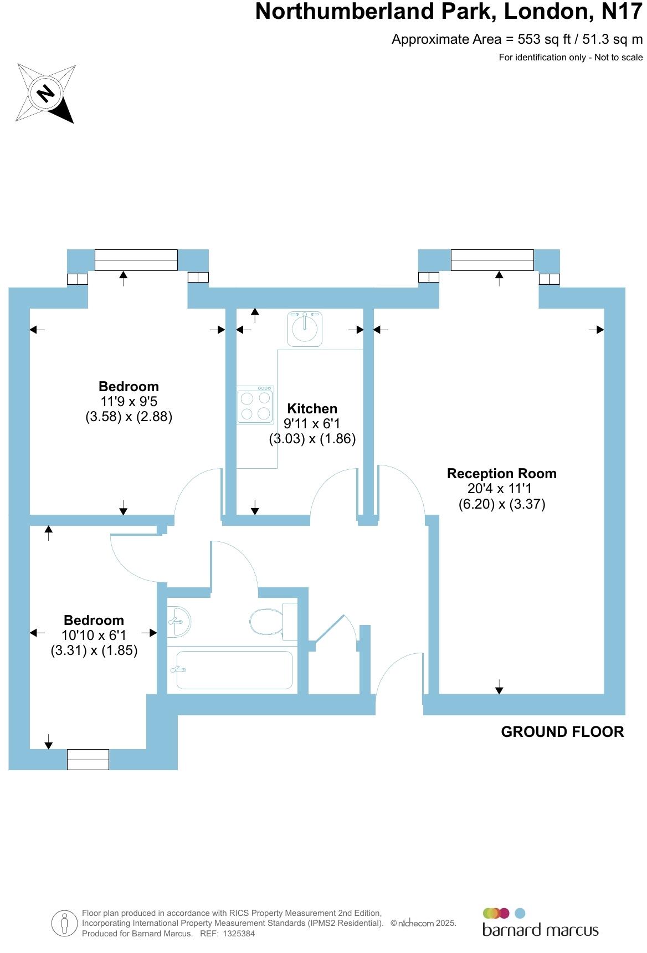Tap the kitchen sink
(x=305, y=329)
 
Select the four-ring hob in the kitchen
(x=255, y=406)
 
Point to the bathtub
(x=234, y=670)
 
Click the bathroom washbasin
(x=179, y=621)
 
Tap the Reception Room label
(x=501, y=474)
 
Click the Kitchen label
(x=312, y=409)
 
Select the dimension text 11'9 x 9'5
(x=129, y=402)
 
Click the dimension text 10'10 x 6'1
(x=94, y=636)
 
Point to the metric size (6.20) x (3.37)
(x=501, y=504)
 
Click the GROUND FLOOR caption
(x=562, y=732)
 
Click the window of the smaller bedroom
(x=88, y=759)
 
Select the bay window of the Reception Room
(x=492, y=260)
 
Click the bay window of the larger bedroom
(x=136, y=260)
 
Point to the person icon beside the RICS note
(x=65, y=923)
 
